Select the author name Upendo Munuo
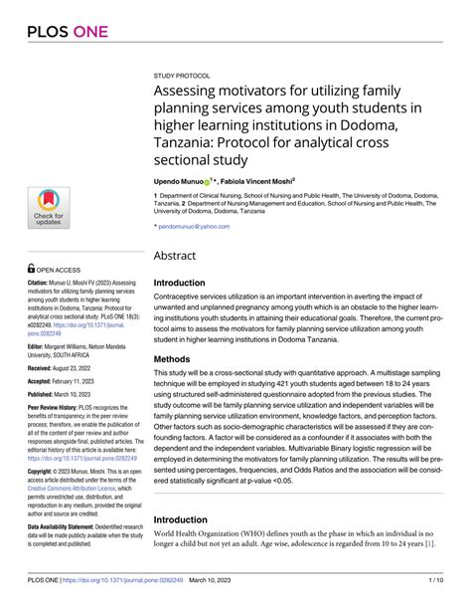(178, 183)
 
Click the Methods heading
(177, 358)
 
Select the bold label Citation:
(45, 282)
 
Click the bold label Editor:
(42, 348)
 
